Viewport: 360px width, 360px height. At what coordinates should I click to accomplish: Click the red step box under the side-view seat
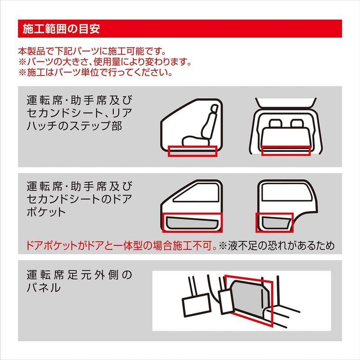point(193,152)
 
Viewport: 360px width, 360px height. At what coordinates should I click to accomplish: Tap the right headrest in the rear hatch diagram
point(297,123)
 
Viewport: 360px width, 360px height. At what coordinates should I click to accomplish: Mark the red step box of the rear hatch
point(286,152)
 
